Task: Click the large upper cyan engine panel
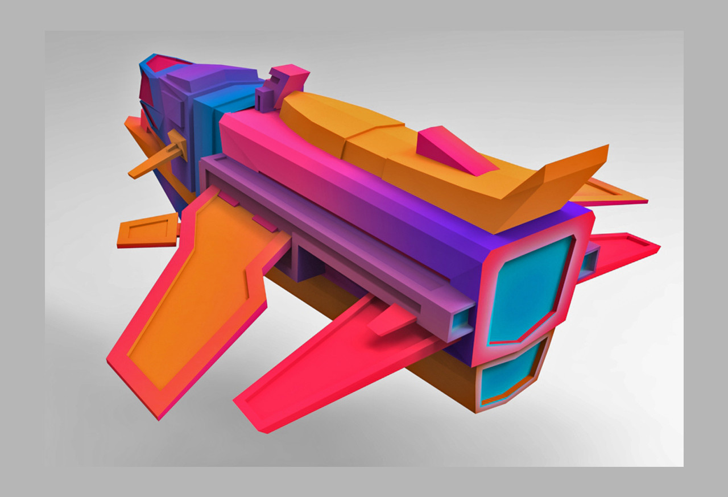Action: click(x=529, y=290)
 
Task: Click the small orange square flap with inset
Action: click(x=147, y=231)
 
